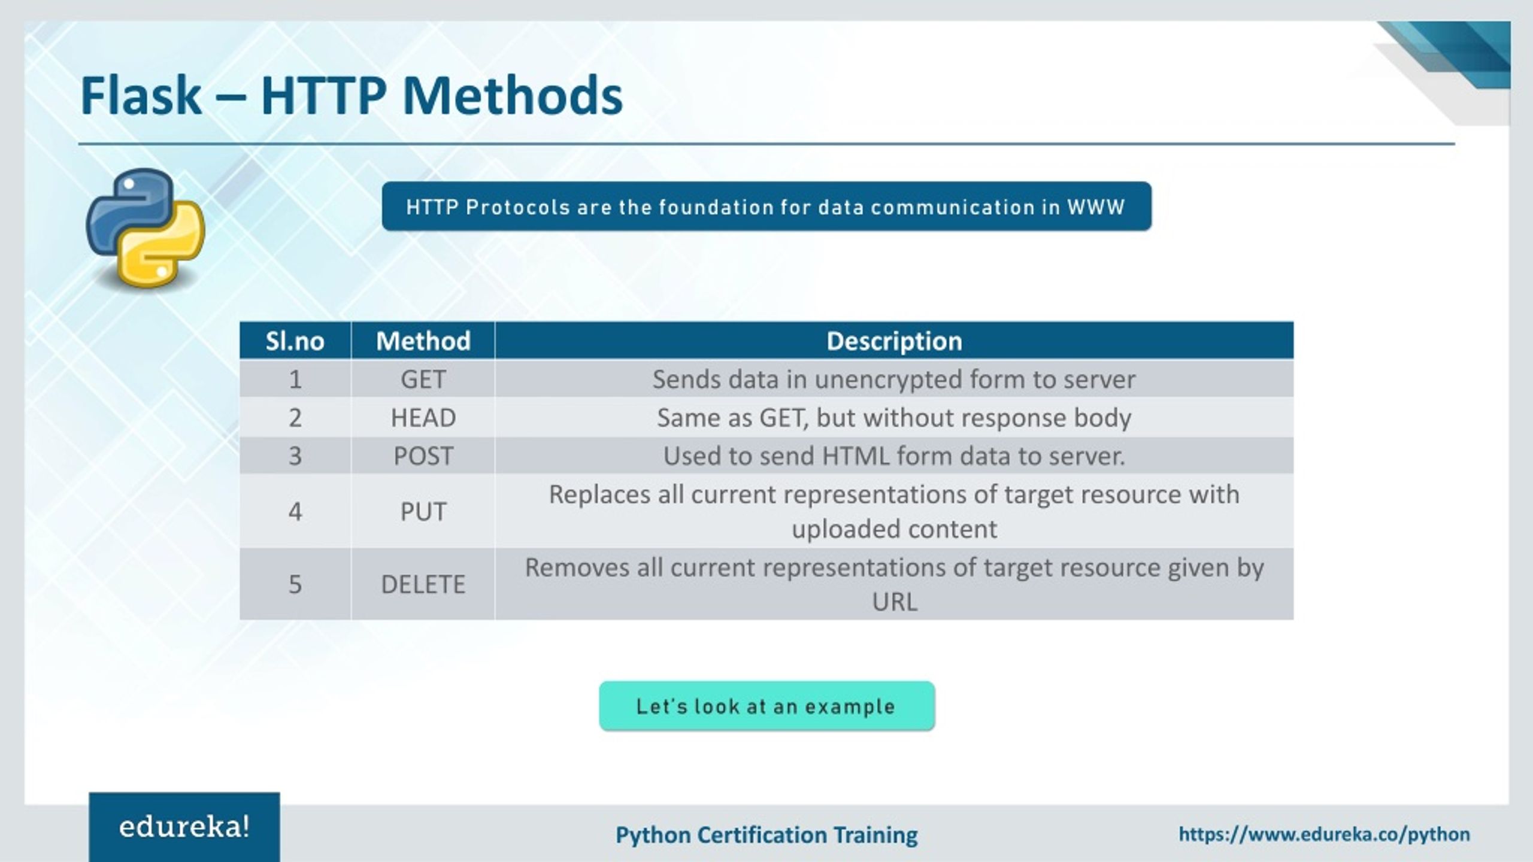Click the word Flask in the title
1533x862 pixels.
141,96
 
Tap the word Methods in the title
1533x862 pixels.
512,96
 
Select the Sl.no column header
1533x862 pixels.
295,341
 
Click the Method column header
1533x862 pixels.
423,341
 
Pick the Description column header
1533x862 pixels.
894,341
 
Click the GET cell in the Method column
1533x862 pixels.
423,380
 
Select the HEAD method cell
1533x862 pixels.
423,418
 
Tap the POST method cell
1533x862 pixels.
423,456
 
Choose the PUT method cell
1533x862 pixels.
423,512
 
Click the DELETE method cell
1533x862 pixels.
423,584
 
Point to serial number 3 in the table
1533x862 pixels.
295,456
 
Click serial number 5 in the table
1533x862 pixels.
295,584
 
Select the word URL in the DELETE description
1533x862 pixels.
894,602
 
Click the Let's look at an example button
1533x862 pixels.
766,706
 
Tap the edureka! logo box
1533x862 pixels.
184,828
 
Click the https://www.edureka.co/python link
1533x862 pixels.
1324,834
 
